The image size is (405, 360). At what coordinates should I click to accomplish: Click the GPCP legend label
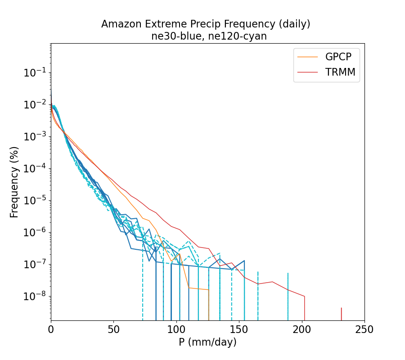pos(338,57)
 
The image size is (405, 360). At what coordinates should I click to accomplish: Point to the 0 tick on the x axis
pos(51,329)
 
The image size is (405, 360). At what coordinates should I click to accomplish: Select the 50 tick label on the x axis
pos(114,329)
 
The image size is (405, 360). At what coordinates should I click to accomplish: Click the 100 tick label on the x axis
pos(176,329)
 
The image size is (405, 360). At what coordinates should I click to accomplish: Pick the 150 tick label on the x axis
pos(239,329)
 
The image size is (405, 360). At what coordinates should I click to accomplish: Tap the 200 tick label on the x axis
pos(302,329)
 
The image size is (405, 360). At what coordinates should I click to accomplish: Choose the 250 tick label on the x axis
pos(364,329)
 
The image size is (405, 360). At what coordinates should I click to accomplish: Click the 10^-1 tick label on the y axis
pos(36,73)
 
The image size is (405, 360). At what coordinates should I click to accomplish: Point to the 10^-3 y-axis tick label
pos(36,137)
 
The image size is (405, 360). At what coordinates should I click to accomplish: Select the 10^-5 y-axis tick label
pos(36,201)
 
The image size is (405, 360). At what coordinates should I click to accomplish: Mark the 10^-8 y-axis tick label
pos(36,297)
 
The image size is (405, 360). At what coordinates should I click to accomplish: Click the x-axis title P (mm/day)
pos(207,342)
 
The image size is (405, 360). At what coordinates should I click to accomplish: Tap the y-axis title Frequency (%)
pos(14,182)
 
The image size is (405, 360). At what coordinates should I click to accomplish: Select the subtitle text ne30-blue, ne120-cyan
pos(209,36)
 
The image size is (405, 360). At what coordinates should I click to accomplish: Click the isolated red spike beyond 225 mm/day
pos(341,314)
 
